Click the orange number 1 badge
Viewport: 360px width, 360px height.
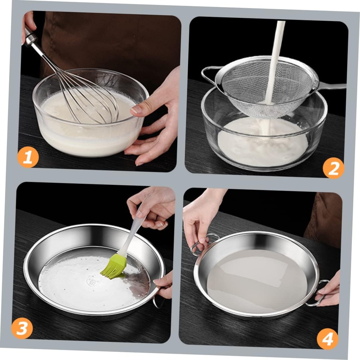(28, 157)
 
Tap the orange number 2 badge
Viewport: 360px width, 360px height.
(333, 168)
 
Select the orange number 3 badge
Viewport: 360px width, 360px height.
(22, 328)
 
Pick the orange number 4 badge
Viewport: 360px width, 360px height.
(327, 339)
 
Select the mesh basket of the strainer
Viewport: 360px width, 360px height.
(260, 91)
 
